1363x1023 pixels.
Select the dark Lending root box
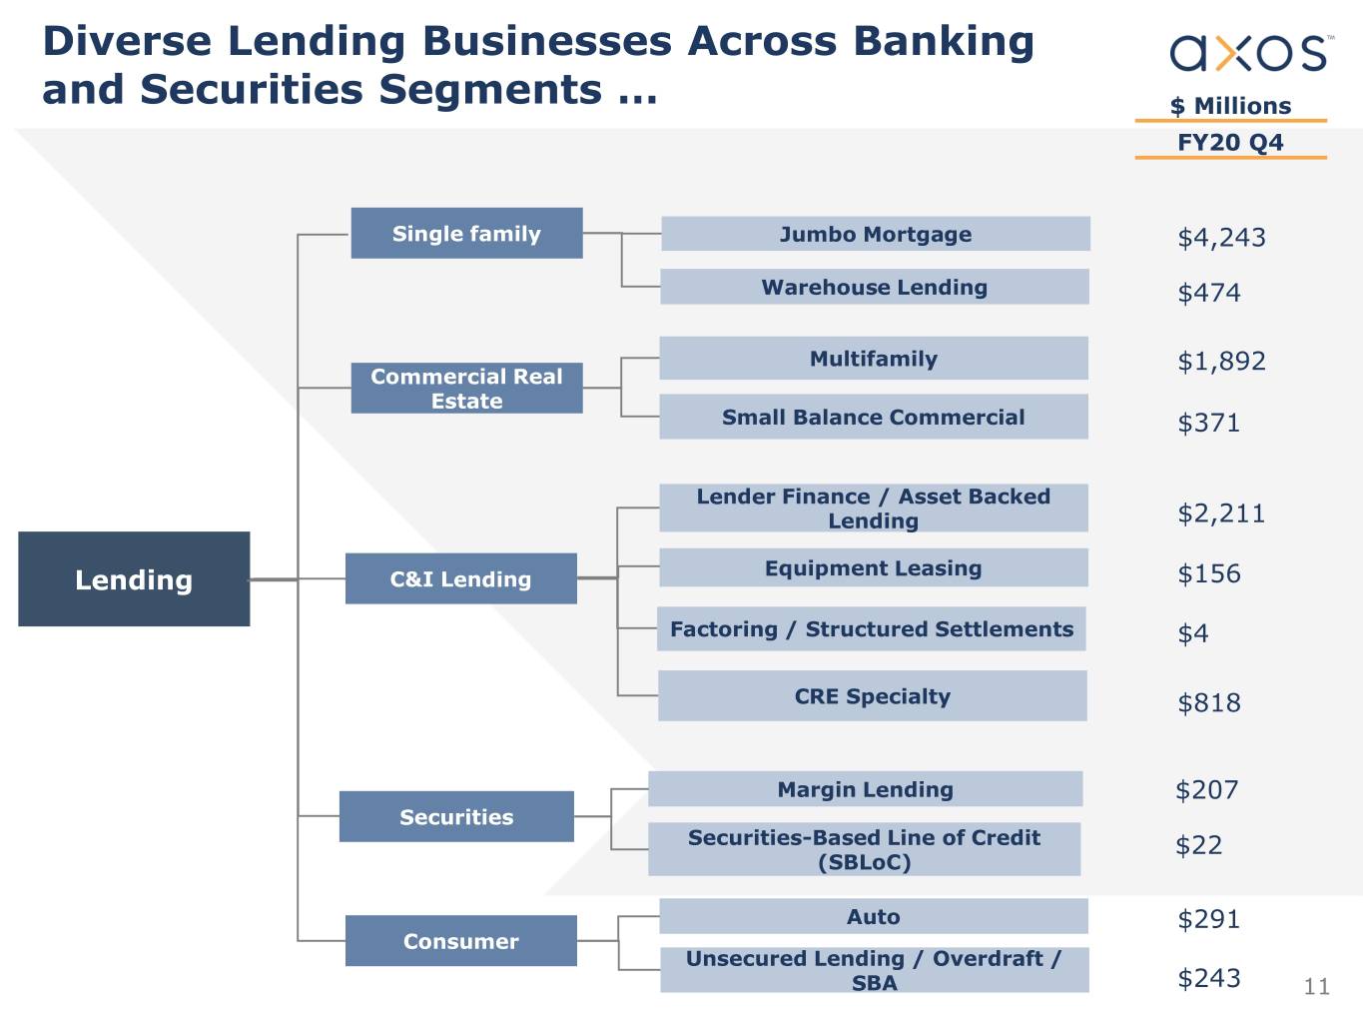click(134, 579)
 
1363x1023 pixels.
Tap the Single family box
click(466, 234)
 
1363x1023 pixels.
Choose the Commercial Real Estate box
click(466, 389)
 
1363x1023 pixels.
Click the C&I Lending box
click(460, 579)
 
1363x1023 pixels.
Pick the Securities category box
click(456, 817)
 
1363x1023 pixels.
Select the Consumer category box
click(460, 941)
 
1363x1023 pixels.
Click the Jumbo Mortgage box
click(875, 235)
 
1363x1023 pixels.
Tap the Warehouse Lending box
click(874, 288)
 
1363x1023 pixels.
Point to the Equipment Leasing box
click(873, 568)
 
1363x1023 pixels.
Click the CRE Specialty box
click(872, 696)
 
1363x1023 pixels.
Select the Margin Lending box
click(865, 789)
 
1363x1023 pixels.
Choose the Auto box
click(873, 917)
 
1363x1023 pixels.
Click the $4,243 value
click(1221, 238)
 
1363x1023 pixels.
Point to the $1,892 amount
click(1221, 362)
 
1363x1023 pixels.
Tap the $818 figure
click(1209, 703)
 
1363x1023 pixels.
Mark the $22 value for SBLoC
click(1198, 846)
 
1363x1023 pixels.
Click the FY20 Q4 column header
click(1230, 142)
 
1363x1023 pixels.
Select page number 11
click(1316, 987)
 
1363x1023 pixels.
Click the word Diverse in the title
click(126, 42)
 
